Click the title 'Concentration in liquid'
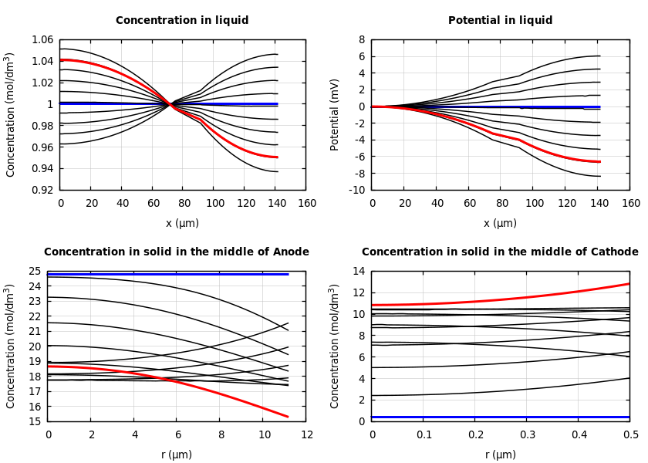[x=182, y=21]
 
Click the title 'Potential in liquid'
[x=500, y=21]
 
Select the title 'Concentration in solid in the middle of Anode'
[x=177, y=252]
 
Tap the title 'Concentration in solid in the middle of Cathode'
[x=500, y=252]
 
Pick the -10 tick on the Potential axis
[x=356, y=190]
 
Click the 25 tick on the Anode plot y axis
[x=33, y=271]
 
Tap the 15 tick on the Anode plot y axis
[x=33, y=421]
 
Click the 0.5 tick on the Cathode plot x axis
[x=630, y=435]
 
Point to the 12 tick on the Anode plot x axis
[x=306, y=435]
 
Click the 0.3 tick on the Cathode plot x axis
[x=527, y=435]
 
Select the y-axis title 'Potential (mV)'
[x=335, y=114]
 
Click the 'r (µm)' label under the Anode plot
[x=177, y=455]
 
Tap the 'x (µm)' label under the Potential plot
[x=500, y=223]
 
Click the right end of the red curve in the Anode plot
[x=288, y=417]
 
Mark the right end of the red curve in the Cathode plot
[x=629, y=283]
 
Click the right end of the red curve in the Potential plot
[x=599, y=161]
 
